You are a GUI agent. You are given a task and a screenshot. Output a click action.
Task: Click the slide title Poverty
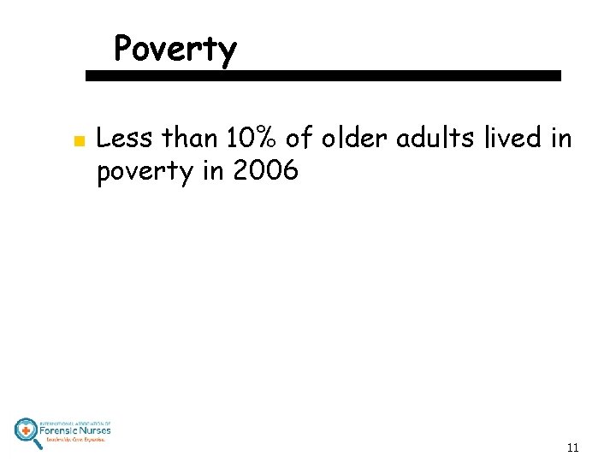pos(175,50)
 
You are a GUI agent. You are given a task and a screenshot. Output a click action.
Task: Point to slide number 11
pos(572,447)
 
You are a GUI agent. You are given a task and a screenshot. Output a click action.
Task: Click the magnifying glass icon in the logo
pos(27,432)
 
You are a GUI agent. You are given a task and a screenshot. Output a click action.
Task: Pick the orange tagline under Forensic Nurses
pos(75,440)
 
